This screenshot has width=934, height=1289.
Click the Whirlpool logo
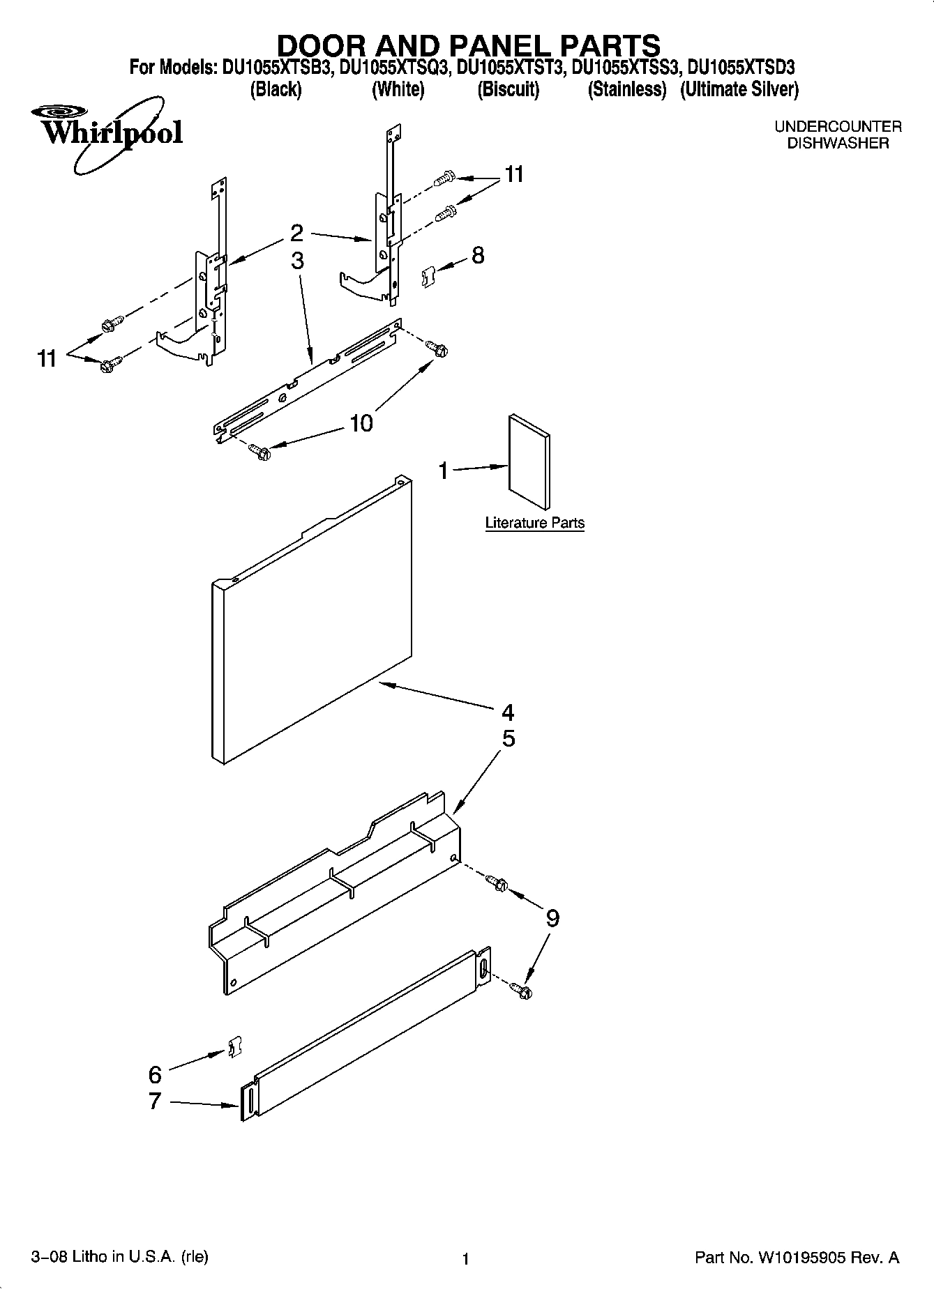point(106,132)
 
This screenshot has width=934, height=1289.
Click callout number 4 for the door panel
point(507,712)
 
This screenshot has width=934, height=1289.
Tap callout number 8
point(478,255)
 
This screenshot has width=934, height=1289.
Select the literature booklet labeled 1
point(529,462)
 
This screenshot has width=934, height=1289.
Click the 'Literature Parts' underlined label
point(534,523)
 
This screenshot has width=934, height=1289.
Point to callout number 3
point(297,260)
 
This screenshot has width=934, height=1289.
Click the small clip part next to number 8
point(428,277)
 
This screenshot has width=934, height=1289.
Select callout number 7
point(155,1101)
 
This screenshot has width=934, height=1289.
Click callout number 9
point(552,917)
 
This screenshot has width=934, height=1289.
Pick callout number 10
point(361,422)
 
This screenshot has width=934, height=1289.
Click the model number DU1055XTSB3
point(278,68)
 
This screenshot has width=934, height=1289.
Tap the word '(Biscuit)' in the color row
point(508,89)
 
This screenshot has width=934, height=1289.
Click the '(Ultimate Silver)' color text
point(739,89)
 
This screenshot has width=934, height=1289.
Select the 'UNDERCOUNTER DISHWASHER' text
point(838,135)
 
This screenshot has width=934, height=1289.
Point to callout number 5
point(509,738)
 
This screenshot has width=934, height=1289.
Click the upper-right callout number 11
point(514,174)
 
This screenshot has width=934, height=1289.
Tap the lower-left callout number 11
point(47,359)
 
